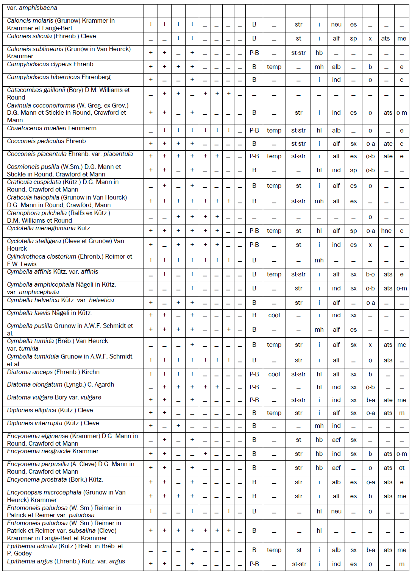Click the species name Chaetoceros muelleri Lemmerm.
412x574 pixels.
click(x=52, y=128)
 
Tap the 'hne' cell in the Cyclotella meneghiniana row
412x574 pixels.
click(x=386, y=231)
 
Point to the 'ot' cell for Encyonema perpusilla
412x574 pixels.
click(x=401, y=468)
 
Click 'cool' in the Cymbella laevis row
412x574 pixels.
click(x=274, y=315)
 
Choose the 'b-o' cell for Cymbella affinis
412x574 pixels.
click(x=370, y=275)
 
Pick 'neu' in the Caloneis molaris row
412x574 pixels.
click(x=336, y=25)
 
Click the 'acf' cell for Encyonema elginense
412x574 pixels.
click(x=336, y=440)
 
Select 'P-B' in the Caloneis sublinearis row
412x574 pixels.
click(x=254, y=53)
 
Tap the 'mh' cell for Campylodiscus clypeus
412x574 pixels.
click(x=319, y=67)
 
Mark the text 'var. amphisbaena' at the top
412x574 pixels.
click(x=32, y=8)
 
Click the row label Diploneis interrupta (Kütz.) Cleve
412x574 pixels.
click(x=53, y=423)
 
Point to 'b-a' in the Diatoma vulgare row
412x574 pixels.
click(x=370, y=400)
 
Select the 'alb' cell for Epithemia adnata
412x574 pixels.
click(x=336, y=550)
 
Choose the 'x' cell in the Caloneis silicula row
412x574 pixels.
click(x=370, y=39)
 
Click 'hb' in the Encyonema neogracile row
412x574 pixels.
click(x=319, y=454)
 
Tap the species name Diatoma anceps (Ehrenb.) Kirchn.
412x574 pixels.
click(x=54, y=372)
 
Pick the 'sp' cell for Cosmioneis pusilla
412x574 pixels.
click(x=353, y=170)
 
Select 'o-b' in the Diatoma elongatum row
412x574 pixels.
click(x=370, y=387)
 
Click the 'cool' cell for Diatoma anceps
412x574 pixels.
click(x=274, y=374)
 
